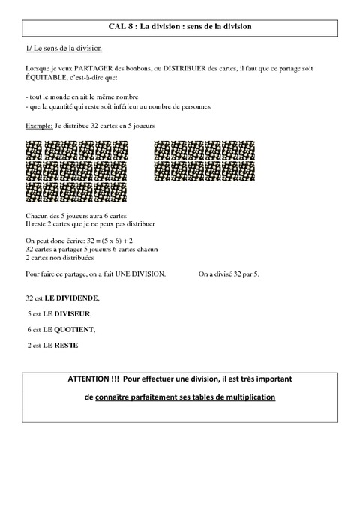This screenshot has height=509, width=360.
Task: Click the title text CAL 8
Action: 119,26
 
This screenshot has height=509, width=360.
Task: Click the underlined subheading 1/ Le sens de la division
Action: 63,49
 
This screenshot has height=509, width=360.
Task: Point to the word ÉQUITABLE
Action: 46,77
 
